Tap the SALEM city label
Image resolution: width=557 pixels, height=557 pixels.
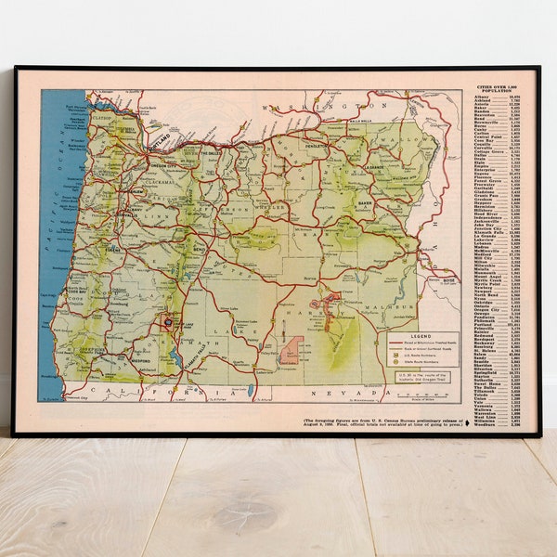[x=136, y=190]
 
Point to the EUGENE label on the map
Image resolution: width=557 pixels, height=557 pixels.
[x=114, y=250]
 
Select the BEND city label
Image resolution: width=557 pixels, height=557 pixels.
[x=198, y=252]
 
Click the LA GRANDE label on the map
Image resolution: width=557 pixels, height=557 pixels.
[x=376, y=168]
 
